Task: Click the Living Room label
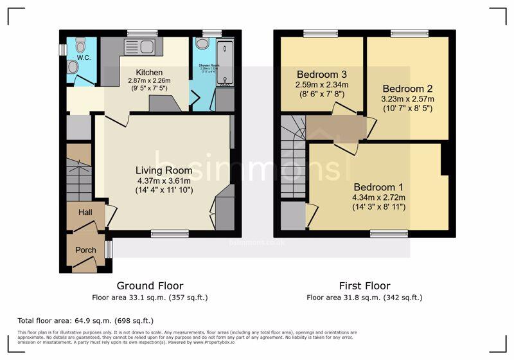(163, 170)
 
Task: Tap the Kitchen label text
(149, 72)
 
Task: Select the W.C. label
(84, 57)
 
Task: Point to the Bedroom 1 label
(378, 187)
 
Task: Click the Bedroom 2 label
(407, 89)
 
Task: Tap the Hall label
(85, 212)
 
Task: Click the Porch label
(85, 250)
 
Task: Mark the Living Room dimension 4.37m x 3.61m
(163, 181)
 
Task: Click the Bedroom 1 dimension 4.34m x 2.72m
(378, 197)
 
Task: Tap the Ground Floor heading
(150, 286)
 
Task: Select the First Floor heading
(364, 286)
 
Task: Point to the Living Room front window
(170, 233)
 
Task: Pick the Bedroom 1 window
(389, 233)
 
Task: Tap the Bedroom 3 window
(321, 33)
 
